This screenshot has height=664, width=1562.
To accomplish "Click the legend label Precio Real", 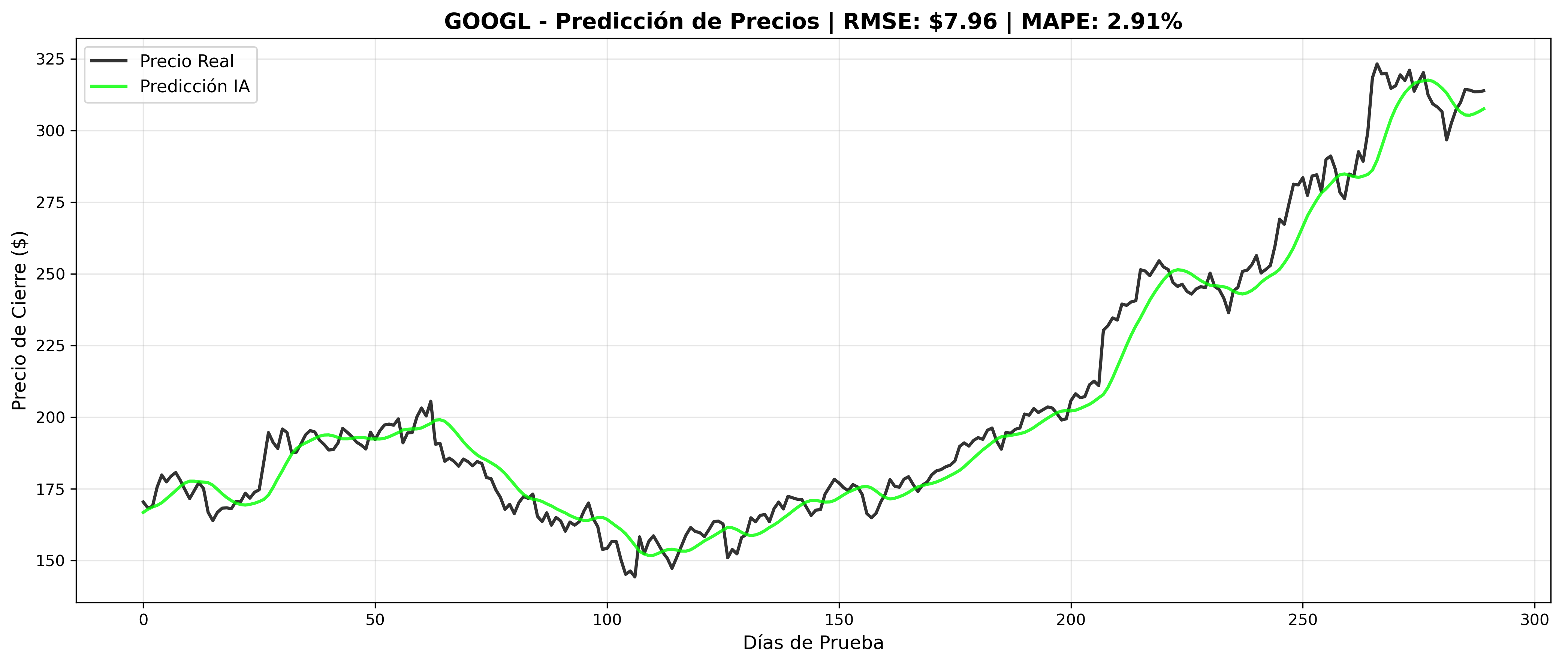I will [187, 61].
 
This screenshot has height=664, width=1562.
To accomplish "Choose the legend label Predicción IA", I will [195, 87].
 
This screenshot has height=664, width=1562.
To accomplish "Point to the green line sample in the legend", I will [109, 87].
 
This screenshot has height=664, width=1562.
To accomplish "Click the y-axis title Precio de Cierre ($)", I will [20, 320].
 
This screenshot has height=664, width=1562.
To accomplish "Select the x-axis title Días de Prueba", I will [813, 643].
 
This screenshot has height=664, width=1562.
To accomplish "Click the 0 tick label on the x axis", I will [144, 620].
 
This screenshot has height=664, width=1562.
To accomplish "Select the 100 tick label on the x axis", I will [607, 620].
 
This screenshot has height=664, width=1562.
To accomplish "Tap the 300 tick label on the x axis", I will [1535, 620].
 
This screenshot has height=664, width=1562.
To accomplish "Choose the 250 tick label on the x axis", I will [1302, 620].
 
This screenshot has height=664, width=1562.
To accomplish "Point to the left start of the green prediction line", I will [144, 513].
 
